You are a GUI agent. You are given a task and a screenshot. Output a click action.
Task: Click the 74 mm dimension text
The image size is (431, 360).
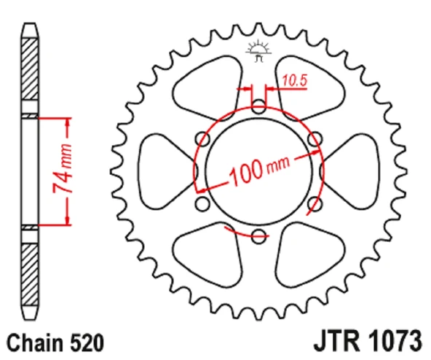[x=63, y=168]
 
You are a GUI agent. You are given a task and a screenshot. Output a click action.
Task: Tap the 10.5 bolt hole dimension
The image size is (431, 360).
[x=294, y=80]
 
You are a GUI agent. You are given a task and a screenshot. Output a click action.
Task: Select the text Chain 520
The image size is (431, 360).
[x=55, y=343]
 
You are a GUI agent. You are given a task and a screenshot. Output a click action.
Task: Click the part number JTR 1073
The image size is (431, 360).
[x=368, y=342]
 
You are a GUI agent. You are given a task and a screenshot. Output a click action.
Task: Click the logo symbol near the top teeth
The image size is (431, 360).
[x=258, y=51]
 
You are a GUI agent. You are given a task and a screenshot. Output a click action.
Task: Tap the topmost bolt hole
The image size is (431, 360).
[x=258, y=107]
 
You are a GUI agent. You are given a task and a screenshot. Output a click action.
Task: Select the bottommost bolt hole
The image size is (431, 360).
[x=258, y=236]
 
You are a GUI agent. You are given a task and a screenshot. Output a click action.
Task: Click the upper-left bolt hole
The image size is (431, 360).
[x=202, y=139]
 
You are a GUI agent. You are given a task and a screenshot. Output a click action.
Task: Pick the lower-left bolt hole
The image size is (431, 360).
[x=202, y=203]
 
